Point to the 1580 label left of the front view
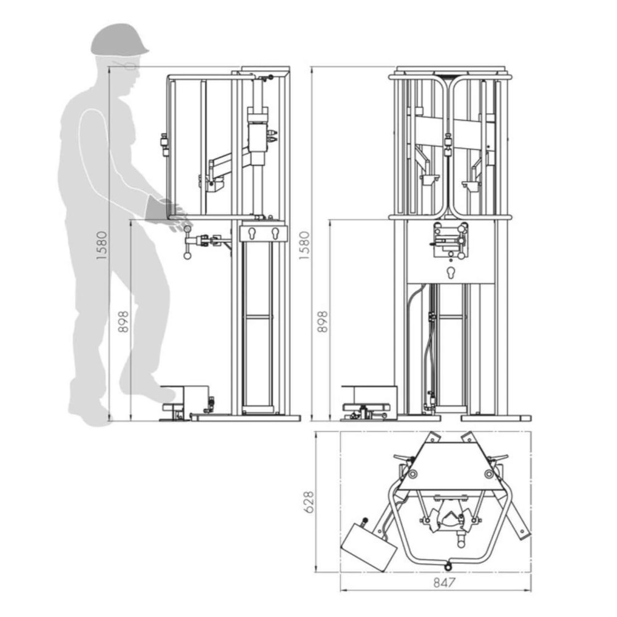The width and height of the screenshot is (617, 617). click(x=305, y=245)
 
